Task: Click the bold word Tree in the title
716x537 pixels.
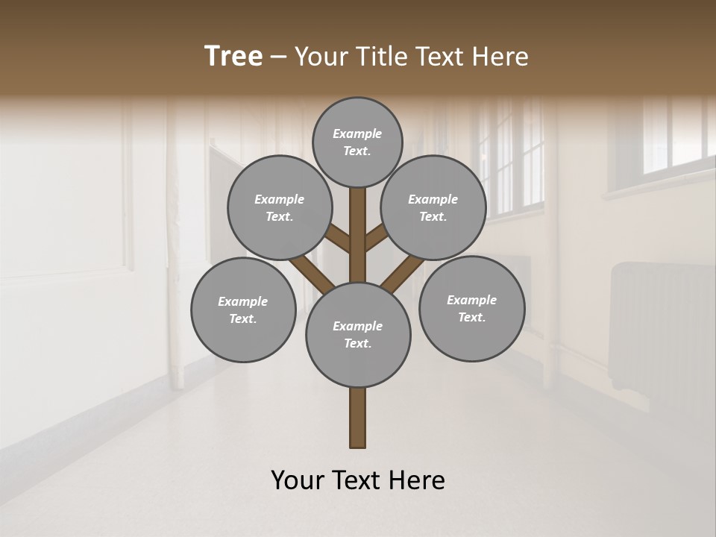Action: pyautogui.click(x=233, y=57)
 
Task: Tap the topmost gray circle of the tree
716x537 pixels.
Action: pyautogui.click(x=357, y=142)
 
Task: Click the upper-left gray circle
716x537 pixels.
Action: pyautogui.click(x=280, y=207)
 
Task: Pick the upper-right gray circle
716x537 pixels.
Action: pyautogui.click(x=433, y=207)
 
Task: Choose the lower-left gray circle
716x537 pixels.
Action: pyautogui.click(x=243, y=310)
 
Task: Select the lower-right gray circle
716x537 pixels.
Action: pyautogui.click(x=471, y=308)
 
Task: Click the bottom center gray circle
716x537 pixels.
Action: pyautogui.click(x=358, y=334)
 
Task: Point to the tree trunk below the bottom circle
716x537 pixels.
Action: pyautogui.click(x=358, y=418)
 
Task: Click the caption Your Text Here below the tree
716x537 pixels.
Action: pyautogui.click(x=358, y=480)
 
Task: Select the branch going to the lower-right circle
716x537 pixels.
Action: pyautogui.click(x=401, y=274)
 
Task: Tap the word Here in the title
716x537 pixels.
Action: pyautogui.click(x=503, y=57)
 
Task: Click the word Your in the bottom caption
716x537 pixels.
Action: pyautogui.click(x=298, y=480)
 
